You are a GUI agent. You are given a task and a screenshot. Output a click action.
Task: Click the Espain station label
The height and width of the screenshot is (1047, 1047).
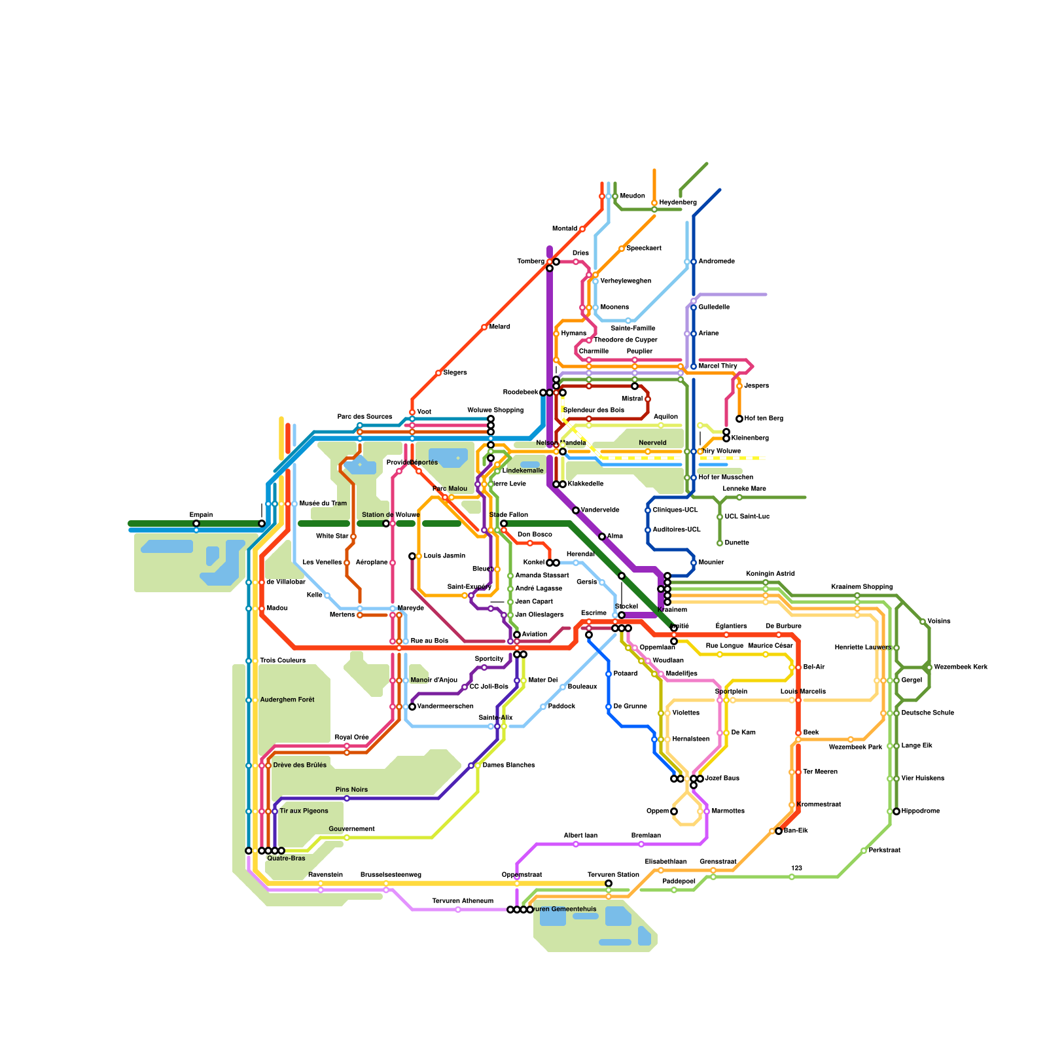pyautogui.click(x=201, y=515)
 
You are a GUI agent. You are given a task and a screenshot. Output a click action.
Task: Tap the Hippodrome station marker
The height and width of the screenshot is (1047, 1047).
pyautogui.click(x=896, y=811)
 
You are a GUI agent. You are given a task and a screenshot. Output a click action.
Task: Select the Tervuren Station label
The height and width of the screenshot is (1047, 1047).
pyautogui.click(x=613, y=875)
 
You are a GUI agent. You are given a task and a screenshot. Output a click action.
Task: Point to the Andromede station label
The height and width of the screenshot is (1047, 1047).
pyautogui.click(x=717, y=262)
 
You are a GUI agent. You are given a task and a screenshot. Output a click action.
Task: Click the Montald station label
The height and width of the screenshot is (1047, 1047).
pyautogui.click(x=565, y=229)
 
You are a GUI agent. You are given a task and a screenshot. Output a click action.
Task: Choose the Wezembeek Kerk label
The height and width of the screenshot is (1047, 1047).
pyautogui.click(x=961, y=667)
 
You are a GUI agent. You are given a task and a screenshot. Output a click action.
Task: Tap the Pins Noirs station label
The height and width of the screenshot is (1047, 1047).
pyautogui.click(x=351, y=790)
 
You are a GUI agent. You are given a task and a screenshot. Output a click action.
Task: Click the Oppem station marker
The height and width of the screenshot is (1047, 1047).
pyautogui.click(x=674, y=811)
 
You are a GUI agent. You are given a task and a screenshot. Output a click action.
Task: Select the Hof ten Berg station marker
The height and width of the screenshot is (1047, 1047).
pyautogui.click(x=739, y=419)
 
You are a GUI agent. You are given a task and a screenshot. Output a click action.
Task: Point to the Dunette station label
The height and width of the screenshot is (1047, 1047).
pyautogui.click(x=737, y=543)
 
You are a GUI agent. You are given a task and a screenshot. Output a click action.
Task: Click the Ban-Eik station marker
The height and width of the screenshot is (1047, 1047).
pyautogui.click(x=779, y=831)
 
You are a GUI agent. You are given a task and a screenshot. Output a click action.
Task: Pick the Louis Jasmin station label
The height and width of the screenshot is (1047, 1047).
pyautogui.click(x=444, y=556)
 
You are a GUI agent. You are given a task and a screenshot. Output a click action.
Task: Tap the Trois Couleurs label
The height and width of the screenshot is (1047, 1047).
pyautogui.click(x=283, y=661)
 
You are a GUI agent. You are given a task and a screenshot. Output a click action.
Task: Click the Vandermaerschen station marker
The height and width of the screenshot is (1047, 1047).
pyautogui.click(x=412, y=707)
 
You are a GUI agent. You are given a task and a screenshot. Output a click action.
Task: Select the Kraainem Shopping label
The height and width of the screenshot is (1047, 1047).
pyautogui.click(x=861, y=587)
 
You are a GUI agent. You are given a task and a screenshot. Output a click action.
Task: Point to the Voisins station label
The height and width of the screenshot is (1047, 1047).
pyautogui.click(x=938, y=622)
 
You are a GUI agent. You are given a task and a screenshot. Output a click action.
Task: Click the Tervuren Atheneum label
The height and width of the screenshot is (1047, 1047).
pyautogui.click(x=463, y=901)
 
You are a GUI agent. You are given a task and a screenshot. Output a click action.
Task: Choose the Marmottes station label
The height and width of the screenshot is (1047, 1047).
pyautogui.click(x=728, y=811)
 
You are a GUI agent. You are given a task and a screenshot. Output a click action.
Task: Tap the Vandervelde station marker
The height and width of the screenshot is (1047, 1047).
pyautogui.click(x=576, y=510)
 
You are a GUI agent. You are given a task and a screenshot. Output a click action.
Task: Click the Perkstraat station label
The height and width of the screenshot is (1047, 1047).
pyautogui.click(x=884, y=851)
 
